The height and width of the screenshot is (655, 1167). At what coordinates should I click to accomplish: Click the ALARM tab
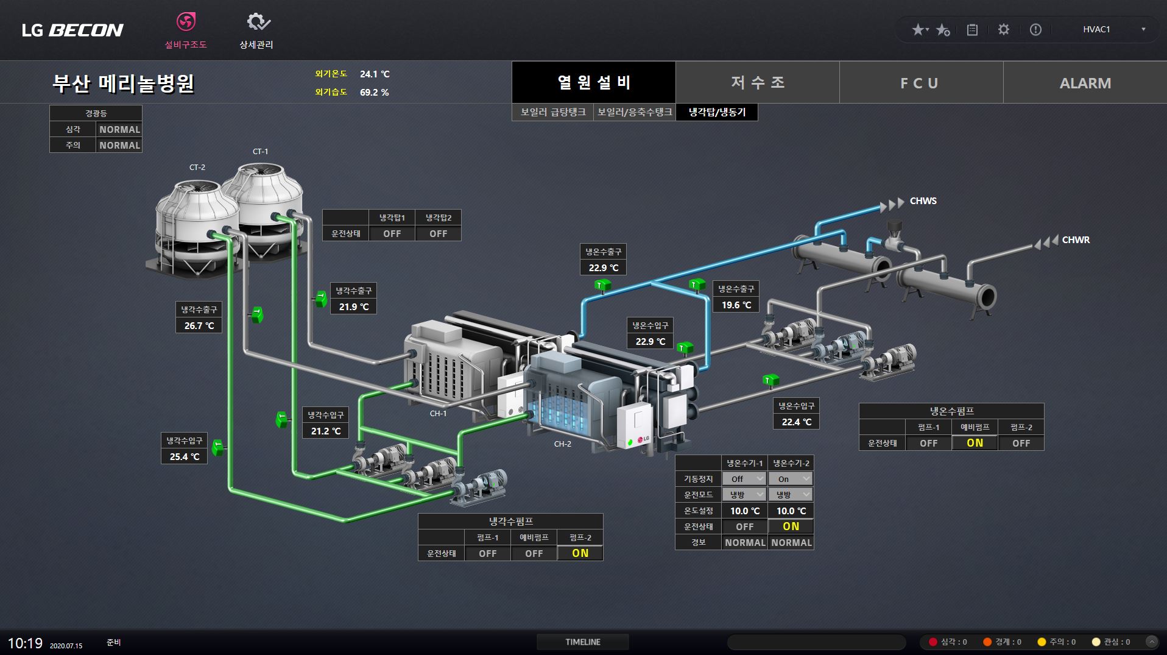(x=1085, y=83)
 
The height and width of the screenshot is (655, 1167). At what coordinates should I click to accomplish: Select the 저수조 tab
(x=758, y=83)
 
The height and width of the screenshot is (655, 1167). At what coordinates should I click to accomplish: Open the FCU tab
(x=921, y=83)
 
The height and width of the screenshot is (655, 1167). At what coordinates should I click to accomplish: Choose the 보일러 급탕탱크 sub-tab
(x=553, y=112)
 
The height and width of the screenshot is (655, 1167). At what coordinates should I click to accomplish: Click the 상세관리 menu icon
(x=258, y=23)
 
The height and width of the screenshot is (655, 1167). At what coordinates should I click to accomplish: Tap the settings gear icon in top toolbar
(x=1004, y=29)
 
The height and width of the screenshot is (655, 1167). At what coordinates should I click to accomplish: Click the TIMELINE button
(x=583, y=642)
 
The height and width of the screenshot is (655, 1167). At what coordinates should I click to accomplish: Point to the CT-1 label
(x=260, y=151)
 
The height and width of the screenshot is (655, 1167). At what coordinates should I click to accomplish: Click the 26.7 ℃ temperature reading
(x=199, y=325)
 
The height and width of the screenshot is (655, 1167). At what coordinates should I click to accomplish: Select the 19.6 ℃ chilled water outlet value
(x=736, y=305)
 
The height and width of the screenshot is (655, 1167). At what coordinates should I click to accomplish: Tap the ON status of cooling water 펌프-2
(x=580, y=553)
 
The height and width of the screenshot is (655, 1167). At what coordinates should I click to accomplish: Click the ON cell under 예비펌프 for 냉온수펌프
(x=975, y=443)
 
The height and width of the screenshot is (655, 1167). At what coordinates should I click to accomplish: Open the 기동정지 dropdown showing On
(x=791, y=479)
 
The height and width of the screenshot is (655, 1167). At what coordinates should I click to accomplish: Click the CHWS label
(x=923, y=201)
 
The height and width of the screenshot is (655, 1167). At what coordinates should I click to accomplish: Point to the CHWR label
(x=1076, y=240)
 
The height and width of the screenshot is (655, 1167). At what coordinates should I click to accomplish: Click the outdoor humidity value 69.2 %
(x=374, y=93)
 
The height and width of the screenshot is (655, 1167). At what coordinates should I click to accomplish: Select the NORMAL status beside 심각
(x=119, y=129)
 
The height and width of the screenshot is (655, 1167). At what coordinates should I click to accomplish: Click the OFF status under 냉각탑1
(x=392, y=233)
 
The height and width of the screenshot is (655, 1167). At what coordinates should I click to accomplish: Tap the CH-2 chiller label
(x=563, y=444)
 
